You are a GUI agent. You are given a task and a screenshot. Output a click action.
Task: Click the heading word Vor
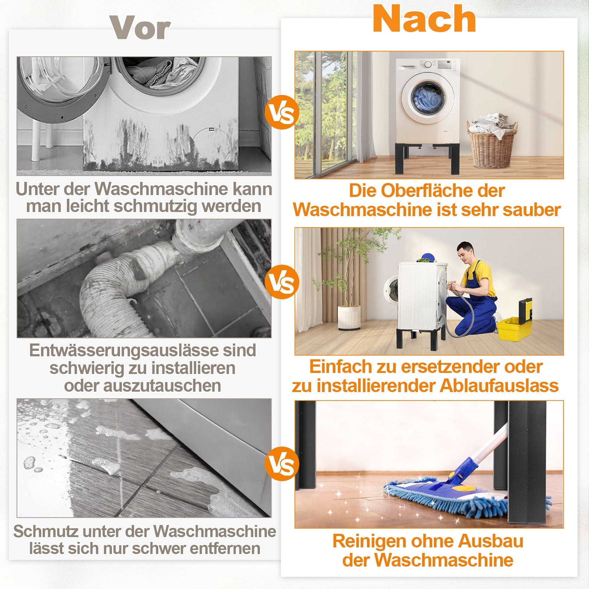(x=140, y=28)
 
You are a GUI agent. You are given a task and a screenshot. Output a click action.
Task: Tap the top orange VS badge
(x=282, y=112)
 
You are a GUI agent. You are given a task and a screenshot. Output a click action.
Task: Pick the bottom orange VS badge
(x=282, y=464)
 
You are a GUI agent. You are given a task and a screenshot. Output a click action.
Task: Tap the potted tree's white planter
(x=349, y=318)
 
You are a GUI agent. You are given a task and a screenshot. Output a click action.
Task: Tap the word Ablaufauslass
(x=499, y=386)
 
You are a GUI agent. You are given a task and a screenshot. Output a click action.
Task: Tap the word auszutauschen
(x=163, y=386)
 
